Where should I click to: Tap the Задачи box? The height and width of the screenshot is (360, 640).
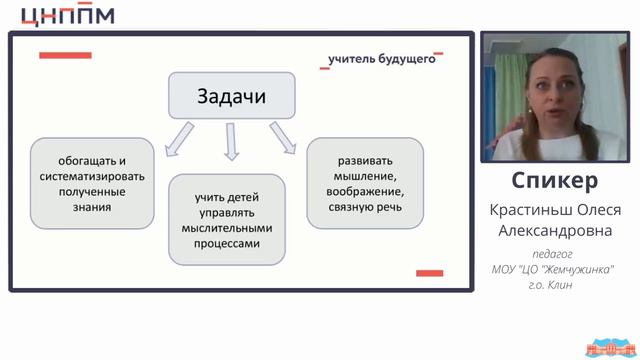[233, 98]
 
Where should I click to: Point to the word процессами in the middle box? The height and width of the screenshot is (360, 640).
[233, 243]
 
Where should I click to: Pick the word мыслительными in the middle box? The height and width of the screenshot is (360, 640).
[233, 228]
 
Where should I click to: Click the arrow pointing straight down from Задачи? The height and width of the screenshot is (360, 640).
[232, 144]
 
